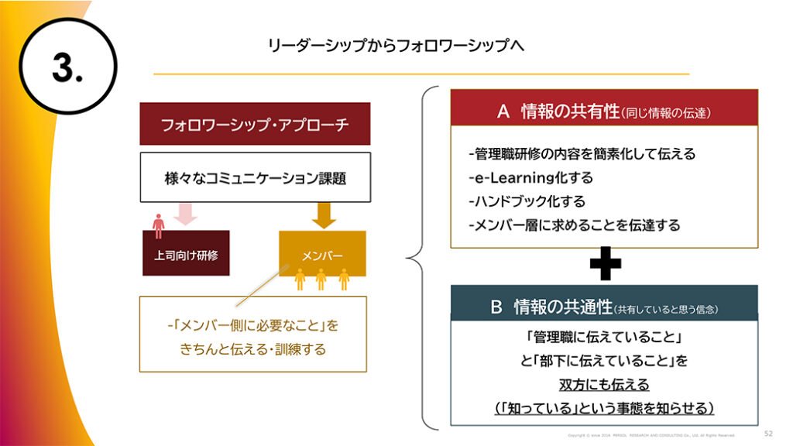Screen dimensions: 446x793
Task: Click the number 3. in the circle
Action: coord(67,69)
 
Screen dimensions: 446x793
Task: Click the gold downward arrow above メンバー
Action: coord(324,214)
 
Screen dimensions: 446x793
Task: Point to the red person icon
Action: coord(159,225)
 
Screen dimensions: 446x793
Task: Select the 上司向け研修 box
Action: coord(186,254)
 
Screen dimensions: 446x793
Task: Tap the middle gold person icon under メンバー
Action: coord(321,280)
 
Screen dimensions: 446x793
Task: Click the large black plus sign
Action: coord(605,266)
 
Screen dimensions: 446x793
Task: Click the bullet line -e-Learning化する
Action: coord(530,178)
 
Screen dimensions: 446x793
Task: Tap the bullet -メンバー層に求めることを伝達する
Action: coord(574,225)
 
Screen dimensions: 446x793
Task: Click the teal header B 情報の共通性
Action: coord(604,307)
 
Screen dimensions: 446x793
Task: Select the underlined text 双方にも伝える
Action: coord(604,384)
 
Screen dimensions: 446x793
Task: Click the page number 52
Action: coord(768,433)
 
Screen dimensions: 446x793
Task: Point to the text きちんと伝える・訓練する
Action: coord(253,349)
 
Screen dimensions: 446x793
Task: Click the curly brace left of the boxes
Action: coord(419,256)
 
